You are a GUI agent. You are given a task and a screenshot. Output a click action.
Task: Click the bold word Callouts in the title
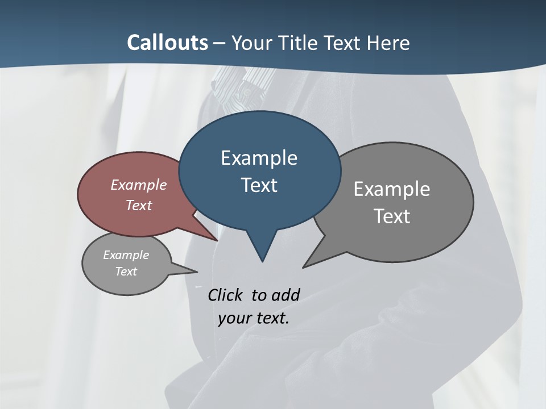tap(168, 43)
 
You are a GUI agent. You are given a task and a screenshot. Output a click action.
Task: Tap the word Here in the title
tap(388, 43)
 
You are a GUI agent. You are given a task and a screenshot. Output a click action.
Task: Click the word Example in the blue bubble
tap(259, 158)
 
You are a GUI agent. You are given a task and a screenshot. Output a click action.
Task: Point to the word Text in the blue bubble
tap(259, 185)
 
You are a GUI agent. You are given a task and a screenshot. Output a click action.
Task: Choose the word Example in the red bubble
tap(138, 185)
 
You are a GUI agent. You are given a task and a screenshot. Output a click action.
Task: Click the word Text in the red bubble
tap(138, 205)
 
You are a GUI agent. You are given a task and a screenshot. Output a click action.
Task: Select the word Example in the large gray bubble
tap(391, 189)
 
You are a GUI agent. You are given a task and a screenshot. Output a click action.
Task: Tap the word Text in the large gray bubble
tap(391, 216)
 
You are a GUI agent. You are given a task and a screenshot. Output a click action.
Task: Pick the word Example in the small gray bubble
tap(126, 255)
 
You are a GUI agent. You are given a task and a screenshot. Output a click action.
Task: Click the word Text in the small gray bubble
tap(126, 272)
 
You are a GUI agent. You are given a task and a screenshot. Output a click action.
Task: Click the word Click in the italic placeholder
tap(226, 295)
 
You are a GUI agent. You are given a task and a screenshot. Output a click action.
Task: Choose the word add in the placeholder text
tap(286, 295)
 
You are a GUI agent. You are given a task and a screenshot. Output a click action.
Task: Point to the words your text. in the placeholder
tap(253, 318)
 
